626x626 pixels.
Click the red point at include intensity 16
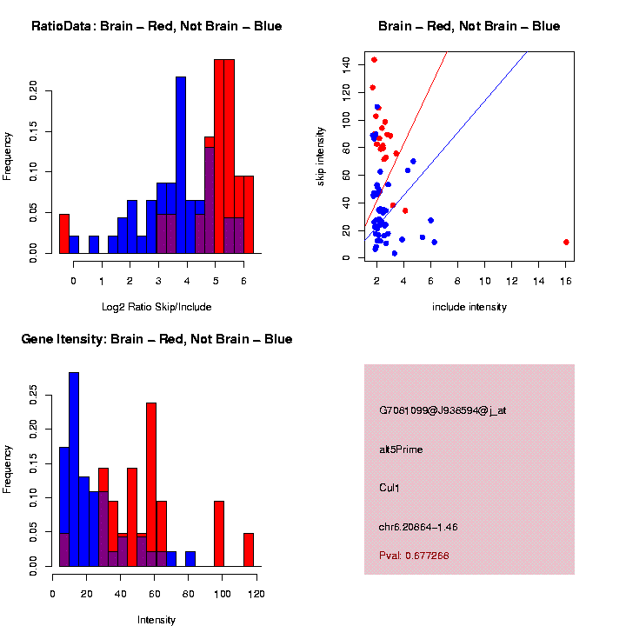pyautogui.click(x=566, y=242)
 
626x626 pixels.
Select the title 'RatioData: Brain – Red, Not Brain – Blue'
pyautogui.click(x=156, y=26)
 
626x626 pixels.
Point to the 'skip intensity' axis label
pyautogui.click(x=321, y=155)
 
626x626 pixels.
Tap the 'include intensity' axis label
pyautogui.click(x=469, y=307)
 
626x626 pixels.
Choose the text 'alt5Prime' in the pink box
pyautogui.click(x=401, y=450)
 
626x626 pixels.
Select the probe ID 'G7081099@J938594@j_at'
pyautogui.click(x=443, y=410)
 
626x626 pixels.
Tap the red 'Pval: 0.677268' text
pyautogui.click(x=414, y=555)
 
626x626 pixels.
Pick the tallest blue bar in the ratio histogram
pyautogui.click(x=181, y=164)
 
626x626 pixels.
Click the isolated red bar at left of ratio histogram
pyautogui.click(x=63, y=233)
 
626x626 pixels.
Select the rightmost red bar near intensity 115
pyautogui.click(x=249, y=549)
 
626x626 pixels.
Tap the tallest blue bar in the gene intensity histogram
pyautogui.click(x=74, y=469)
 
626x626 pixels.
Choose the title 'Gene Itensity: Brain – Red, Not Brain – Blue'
pyautogui.click(x=157, y=339)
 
